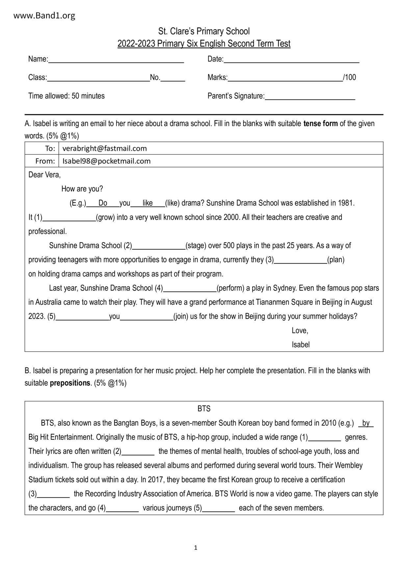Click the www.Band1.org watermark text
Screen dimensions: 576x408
coord(44,15)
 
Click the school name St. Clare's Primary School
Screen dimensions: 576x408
coord(204,32)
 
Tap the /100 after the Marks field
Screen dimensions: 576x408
coord(349,78)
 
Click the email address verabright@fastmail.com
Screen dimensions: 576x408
coord(105,148)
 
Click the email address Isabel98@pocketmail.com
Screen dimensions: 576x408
coord(106,161)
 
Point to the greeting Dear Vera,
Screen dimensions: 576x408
coord(44,175)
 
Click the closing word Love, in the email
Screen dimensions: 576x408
coord(300,331)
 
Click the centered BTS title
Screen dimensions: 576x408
coord(204,409)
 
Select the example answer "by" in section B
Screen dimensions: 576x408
coord(366,423)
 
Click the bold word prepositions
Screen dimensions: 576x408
coord(70,383)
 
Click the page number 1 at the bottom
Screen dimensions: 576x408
coord(196,547)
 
